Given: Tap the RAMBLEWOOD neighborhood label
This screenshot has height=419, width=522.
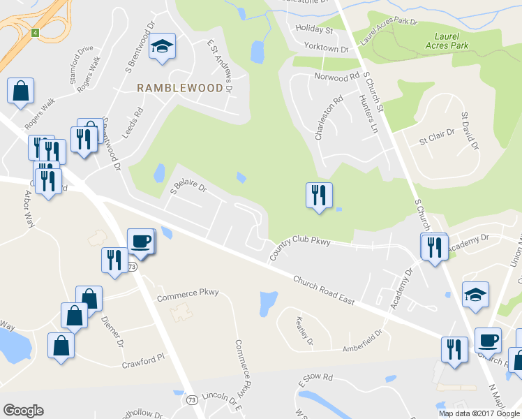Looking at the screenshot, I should pos(180,88).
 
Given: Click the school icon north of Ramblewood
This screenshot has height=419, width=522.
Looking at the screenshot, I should pos(162,47).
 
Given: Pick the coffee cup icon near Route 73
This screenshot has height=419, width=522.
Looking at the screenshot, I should pos(140,241).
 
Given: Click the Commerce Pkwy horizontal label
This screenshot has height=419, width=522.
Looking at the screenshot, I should pos(188,295).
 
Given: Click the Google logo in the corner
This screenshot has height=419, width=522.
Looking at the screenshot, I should pos(23,411).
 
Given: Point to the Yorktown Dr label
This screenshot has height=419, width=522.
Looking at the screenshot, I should pos(326,48).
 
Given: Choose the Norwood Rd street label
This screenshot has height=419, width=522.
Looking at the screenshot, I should pos(336,76).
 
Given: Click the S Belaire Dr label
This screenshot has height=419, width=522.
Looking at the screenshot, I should pos(189,187).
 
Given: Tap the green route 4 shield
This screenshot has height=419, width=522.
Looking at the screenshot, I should pos(34,32).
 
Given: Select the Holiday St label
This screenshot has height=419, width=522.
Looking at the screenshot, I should pos(314,29).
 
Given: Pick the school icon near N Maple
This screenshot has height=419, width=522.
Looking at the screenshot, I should pos(475,295).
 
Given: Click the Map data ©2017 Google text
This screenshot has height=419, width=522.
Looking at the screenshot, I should pos(479,413).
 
